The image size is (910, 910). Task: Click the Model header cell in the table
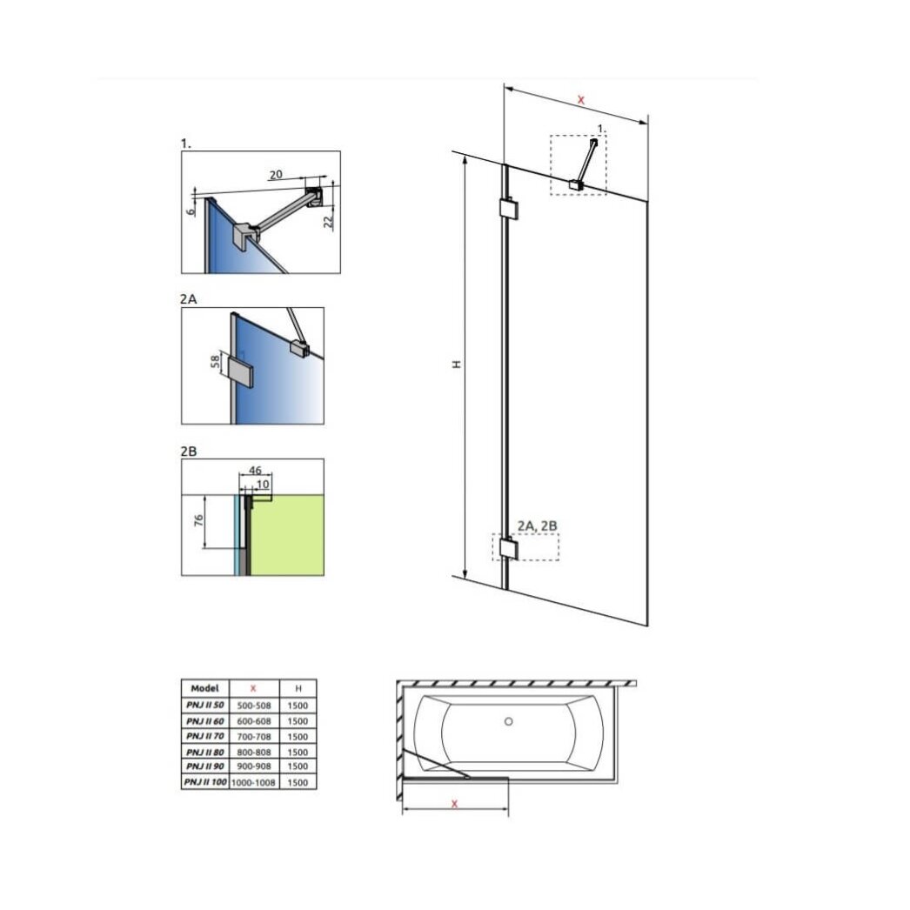tap(204, 688)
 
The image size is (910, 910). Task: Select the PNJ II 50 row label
tap(204, 706)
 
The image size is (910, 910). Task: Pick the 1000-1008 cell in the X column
tap(254, 782)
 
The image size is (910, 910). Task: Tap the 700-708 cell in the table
tap(254, 737)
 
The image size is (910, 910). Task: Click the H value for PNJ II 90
tap(298, 766)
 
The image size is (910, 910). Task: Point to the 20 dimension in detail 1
tap(276, 174)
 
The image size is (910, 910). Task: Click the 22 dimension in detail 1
tap(328, 221)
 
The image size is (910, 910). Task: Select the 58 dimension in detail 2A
tap(215, 362)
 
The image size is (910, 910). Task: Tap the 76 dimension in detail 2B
tap(198, 520)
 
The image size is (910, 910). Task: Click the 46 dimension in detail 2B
tap(255, 471)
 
